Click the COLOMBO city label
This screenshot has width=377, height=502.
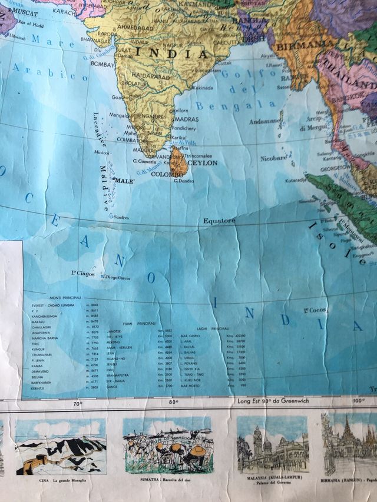168,174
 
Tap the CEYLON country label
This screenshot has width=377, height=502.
202,162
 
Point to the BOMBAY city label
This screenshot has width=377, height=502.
102,63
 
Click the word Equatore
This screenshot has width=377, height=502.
219,221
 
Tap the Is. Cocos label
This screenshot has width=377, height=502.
315,310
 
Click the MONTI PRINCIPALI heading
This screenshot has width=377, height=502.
64,298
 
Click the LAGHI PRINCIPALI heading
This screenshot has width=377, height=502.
211,328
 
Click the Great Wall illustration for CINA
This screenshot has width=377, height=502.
61,447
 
